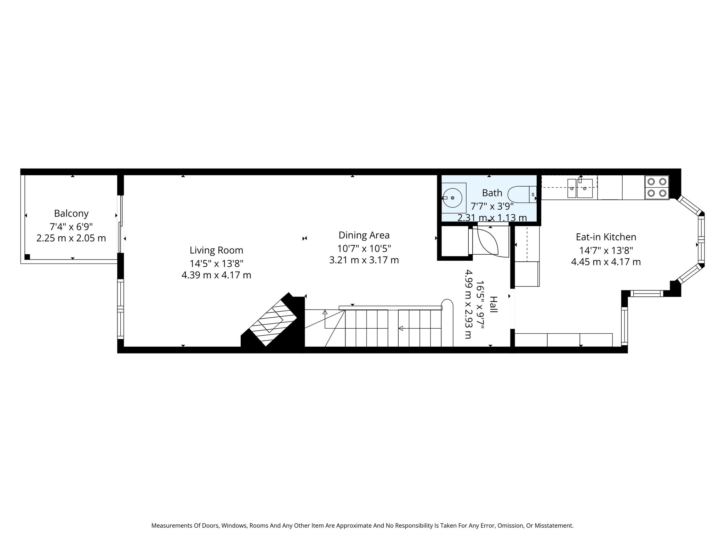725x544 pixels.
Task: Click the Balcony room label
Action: pos(71,214)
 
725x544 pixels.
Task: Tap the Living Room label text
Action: pos(216,250)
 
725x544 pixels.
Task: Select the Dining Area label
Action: pos(364,235)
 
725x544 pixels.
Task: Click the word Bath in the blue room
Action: pos(492,193)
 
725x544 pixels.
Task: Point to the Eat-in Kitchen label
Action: pos(606,237)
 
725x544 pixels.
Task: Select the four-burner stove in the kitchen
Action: pos(657,187)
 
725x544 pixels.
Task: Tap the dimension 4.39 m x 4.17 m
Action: pos(216,275)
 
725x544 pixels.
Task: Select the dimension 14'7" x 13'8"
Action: pos(606,250)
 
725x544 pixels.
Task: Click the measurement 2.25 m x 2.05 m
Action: pos(71,238)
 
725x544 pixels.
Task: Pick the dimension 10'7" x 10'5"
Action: pos(364,248)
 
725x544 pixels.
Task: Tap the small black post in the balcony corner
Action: pos(27,257)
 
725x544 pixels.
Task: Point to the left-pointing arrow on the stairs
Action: pos(401,328)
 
